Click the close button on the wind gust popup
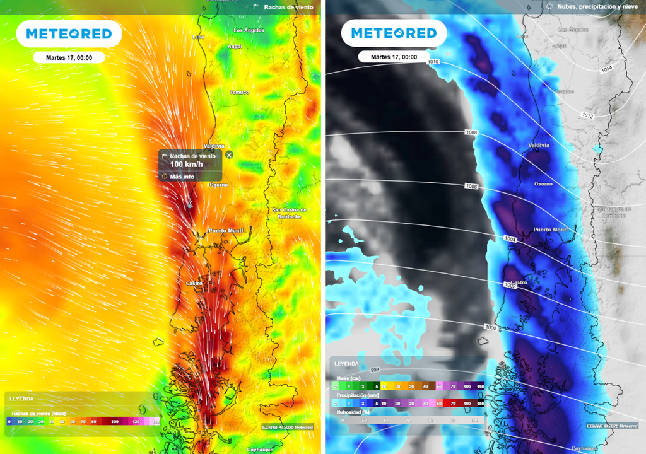click(229, 154)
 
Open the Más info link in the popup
click(183, 177)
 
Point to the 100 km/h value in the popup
click(186, 165)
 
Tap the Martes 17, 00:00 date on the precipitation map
click(389, 57)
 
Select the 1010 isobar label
click(433, 62)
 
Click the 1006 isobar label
click(471, 187)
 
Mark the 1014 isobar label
click(606, 69)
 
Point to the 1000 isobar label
click(490, 327)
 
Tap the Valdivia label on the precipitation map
click(538, 145)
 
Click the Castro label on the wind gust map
click(194, 283)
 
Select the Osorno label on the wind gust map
click(218, 185)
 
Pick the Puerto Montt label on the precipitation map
click(551, 230)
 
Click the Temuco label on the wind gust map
click(239, 92)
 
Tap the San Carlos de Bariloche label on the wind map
click(289, 213)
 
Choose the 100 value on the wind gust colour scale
click(114, 421)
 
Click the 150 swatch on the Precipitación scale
click(479, 403)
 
